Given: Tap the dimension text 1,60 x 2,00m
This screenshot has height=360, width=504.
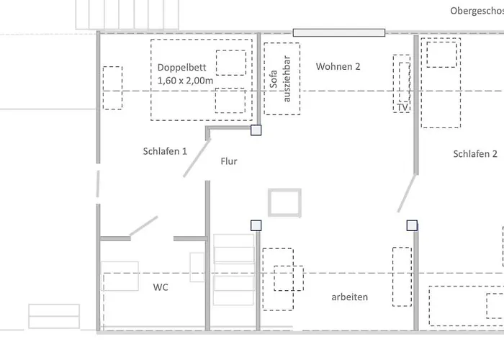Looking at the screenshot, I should pyautogui.click(x=185, y=81).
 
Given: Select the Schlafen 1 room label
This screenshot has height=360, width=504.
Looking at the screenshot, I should pyautogui.click(x=165, y=151).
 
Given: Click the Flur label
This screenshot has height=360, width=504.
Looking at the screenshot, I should pyautogui.click(x=229, y=161).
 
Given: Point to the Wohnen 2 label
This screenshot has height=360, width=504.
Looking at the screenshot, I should pyautogui.click(x=338, y=66).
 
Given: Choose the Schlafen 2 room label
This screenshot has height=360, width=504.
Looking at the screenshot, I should pyautogui.click(x=475, y=154).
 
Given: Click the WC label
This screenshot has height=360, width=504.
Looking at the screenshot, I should pyautogui.click(x=161, y=287).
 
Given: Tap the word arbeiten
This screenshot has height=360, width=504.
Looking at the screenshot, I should pyautogui.click(x=350, y=297).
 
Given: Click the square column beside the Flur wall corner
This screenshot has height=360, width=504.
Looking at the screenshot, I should pyautogui.click(x=256, y=130).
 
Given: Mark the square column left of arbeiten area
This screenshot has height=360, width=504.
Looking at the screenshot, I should pyautogui.click(x=256, y=225).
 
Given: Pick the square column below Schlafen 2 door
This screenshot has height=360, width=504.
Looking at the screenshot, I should pyautogui.click(x=411, y=225).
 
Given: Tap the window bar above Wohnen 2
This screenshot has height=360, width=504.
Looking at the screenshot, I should pyautogui.click(x=338, y=32).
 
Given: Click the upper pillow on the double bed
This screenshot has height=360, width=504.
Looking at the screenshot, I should pyautogui.click(x=230, y=63).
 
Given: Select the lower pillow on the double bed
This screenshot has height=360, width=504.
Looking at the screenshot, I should pyautogui.click(x=230, y=100).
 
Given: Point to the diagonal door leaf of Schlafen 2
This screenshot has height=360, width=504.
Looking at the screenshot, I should pyautogui.click(x=408, y=192).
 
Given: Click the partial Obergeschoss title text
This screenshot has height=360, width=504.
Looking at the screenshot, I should pyautogui.click(x=476, y=11).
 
